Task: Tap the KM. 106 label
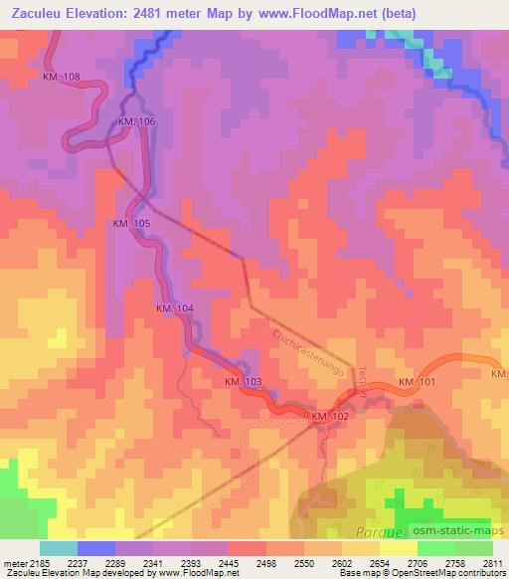coord(136,121)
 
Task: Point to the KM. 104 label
coord(174,309)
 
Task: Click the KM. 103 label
coord(243,382)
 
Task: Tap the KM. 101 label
coord(418,382)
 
